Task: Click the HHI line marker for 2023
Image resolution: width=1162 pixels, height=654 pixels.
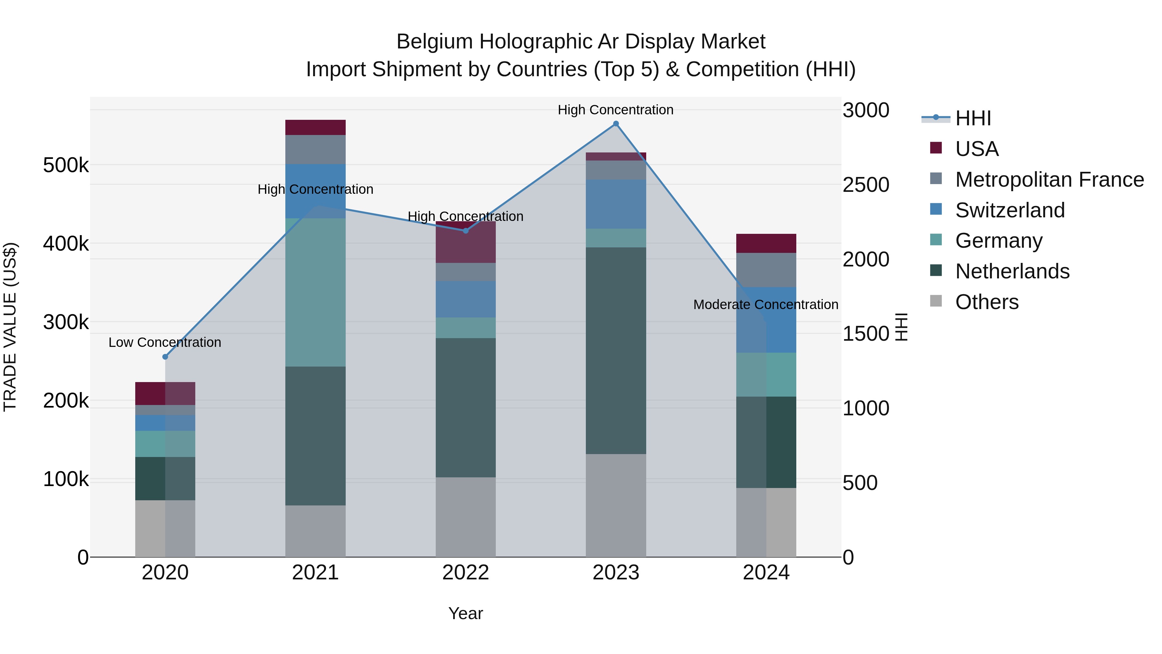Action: point(616,124)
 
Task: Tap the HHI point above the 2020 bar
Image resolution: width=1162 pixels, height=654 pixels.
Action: point(165,357)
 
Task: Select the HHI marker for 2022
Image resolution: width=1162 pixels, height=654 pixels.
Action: point(465,231)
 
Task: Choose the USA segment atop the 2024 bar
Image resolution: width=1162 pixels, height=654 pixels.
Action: point(766,243)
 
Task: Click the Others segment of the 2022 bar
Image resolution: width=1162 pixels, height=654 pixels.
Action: point(465,517)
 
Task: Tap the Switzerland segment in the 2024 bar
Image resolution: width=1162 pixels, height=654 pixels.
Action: point(766,319)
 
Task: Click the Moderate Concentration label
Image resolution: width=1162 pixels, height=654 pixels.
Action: point(766,305)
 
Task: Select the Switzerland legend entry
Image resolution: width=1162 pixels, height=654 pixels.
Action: point(1010,210)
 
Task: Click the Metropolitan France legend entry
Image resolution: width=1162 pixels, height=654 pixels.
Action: point(1049,180)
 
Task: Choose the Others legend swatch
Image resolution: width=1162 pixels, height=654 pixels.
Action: point(936,301)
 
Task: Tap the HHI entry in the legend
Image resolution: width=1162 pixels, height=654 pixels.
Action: point(973,118)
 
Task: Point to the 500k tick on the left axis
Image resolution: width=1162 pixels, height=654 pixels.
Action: point(66,165)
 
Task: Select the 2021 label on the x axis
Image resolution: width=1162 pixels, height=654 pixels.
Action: point(315,573)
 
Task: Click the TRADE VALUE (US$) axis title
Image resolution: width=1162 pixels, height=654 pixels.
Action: point(10,327)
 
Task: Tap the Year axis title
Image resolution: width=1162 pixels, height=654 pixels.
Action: point(465,613)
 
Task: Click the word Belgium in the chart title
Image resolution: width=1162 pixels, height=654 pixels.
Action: point(435,42)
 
